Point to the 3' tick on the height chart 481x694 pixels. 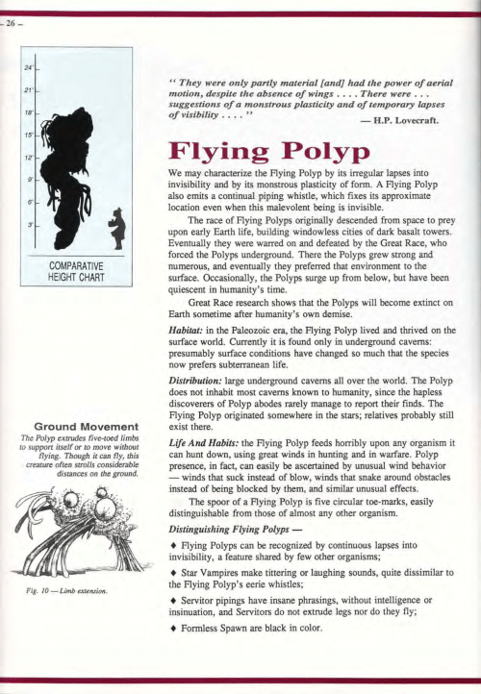click(x=32, y=224)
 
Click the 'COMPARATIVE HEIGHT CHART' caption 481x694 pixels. click(x=78, y=271)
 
